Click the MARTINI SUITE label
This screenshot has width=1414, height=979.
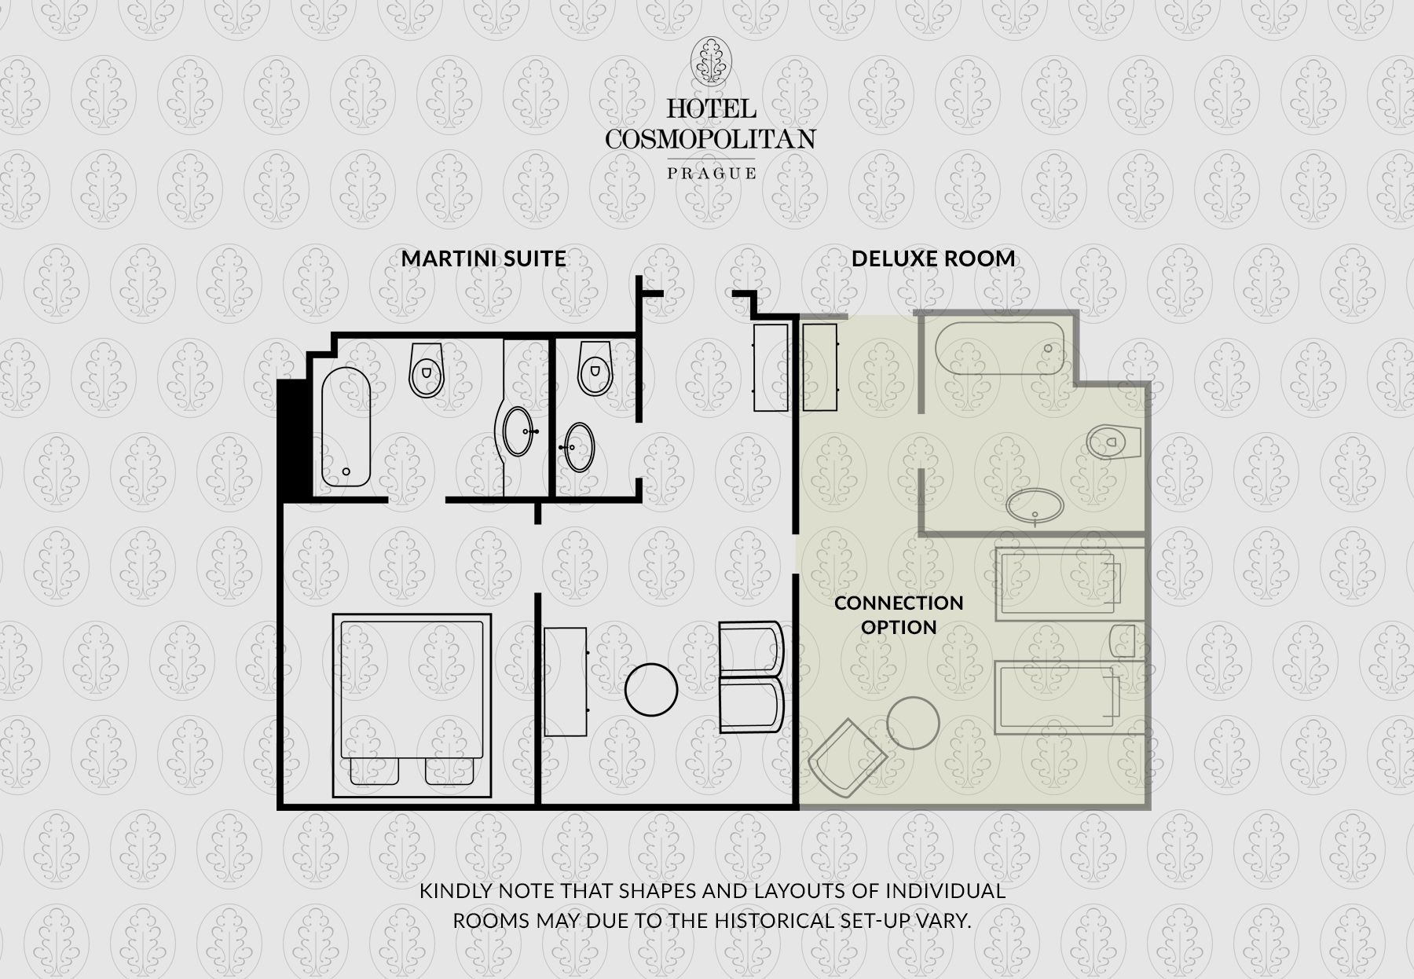483,258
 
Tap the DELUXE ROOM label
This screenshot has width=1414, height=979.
933,258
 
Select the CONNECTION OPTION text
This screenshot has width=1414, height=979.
899,614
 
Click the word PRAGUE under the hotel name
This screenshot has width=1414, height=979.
712,173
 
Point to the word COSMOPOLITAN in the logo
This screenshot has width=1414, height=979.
710,139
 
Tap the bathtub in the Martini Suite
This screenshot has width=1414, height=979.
346,427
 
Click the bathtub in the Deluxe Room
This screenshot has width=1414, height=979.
1000,348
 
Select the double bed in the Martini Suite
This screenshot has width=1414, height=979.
412,705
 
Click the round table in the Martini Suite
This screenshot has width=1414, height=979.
651,689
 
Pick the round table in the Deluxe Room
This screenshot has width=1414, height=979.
913,723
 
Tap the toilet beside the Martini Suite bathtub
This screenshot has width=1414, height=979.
426,369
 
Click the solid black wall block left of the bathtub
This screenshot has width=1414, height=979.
292,440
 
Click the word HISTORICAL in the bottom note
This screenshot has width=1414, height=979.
779,920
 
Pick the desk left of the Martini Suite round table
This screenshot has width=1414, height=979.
566,681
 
